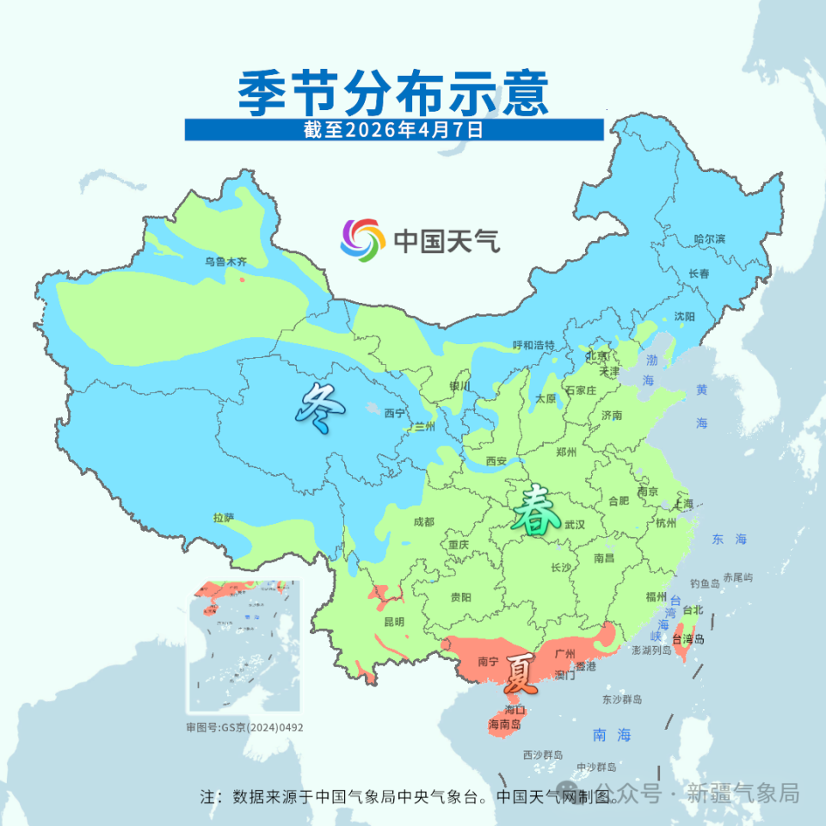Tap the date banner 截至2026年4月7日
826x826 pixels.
coord(393,130)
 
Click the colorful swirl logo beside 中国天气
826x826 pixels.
coord(362,240)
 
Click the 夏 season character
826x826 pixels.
coord(522,675)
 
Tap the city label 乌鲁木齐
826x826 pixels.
coord(225,261)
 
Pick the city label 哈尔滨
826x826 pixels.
coord(710,238)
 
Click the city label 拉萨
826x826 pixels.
coord(224,518)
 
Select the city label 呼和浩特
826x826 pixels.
coord(534,345)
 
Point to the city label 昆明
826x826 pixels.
coord(394,621)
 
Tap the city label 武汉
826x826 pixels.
coord(574,524)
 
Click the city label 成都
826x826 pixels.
coord(424,521)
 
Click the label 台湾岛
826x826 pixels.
coord(688,638)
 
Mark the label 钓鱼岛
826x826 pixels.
coord(705,583)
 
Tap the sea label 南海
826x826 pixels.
coord(613,735)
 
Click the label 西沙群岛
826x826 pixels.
coord(543,755)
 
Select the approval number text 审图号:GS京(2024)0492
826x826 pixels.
coord(244,727)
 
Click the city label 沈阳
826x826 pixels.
coord(684,317)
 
